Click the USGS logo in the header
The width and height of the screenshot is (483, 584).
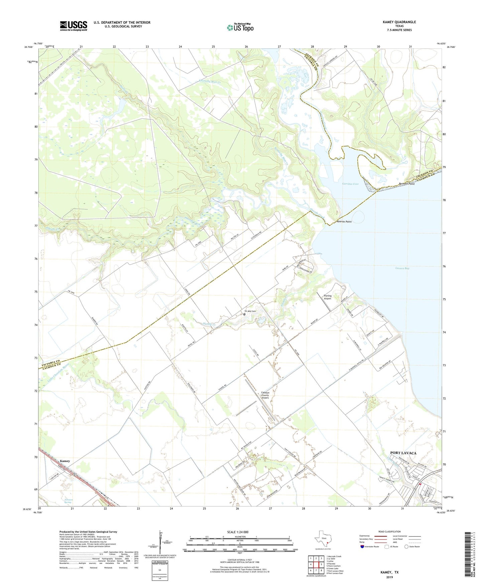(74, 25)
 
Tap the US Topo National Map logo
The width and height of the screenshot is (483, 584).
(240, 27)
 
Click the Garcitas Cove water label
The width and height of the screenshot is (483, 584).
(350, 184)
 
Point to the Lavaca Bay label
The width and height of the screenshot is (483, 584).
(402, 268)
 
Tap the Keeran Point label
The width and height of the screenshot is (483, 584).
(344, 222)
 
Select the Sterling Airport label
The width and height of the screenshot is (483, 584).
(327, 297)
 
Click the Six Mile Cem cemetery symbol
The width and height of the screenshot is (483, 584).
(244, 314)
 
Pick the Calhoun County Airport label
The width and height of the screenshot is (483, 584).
(265, 395)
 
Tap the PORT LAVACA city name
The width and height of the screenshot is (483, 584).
(403, 453)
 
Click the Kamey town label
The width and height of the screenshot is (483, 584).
(65, 461)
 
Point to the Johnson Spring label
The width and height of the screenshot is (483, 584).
(68, 501)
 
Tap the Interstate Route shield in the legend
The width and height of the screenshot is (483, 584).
(362, 547)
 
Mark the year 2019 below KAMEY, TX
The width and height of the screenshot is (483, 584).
(389, 577)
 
